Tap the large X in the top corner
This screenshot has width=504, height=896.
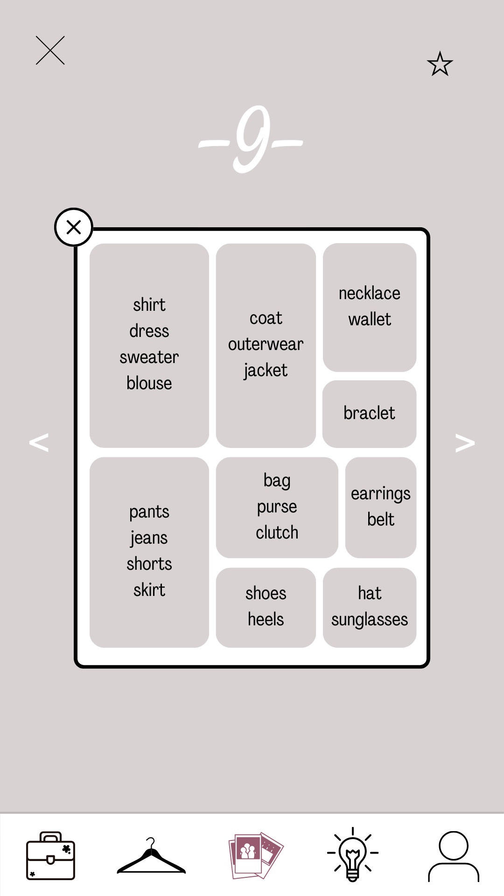tap(50, 50)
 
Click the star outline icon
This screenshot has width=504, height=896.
tap(440, 64)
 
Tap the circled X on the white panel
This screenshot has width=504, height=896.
tap(74, 227)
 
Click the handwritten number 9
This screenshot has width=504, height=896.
tap(252, 139)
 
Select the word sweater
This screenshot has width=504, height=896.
tap(149, 357)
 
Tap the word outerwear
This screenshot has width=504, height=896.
tap(266, 344)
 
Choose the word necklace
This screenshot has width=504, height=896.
tap(369, 293)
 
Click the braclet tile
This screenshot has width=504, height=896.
tap(369, 413)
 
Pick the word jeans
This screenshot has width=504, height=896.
tap(149, 538)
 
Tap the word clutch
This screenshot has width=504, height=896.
tap(277, 532)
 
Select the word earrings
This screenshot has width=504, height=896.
tap(380, 494)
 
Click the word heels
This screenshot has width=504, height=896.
tap(266, 619)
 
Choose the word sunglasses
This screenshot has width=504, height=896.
tap(369, 620)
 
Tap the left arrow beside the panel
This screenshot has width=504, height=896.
tap(39, 442)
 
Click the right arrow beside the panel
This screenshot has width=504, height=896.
tap(465, 442)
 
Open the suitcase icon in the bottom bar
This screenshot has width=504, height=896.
tap(50, 855)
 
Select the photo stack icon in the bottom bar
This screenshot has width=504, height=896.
tap(256, 855)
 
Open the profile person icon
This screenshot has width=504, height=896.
tap(454, 855)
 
